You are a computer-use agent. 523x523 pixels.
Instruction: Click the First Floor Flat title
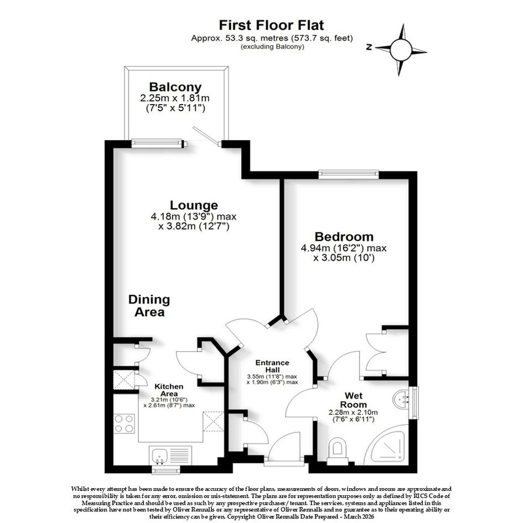(x=271, y=25)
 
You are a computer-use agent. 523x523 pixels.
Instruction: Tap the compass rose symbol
(x=401, y=50)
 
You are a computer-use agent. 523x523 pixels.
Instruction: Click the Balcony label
(x=175, y=87)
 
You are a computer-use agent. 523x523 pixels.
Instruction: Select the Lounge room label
(x=194, y=205)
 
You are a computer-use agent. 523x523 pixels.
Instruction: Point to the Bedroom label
(x=344, y=236)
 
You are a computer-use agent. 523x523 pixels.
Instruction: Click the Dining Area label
(x=149, y=305)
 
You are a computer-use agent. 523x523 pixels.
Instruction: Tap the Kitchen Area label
(x=169, y=390)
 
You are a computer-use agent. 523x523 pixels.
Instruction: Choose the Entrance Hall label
(x=272, y=366)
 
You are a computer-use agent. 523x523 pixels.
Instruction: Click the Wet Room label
(x=354, y=400)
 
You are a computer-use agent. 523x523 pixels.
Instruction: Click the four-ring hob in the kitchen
(x=124, y=423)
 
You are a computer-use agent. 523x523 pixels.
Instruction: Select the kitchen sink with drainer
(x=170, y=455)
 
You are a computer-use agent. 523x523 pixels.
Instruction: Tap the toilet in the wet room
(x=338, y=452)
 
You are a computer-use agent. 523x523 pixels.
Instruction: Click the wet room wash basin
(x=401, y=399)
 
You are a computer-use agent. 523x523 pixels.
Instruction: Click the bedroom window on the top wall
(x=349, y=174)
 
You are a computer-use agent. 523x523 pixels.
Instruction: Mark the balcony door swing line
(x=206, y=135)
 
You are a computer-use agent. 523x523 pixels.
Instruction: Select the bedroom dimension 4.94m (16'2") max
(x=344, y=248)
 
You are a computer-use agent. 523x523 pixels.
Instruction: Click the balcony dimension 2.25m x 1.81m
(x=175, y=99)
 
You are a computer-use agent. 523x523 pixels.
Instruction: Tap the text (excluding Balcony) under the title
(x=272, y=46)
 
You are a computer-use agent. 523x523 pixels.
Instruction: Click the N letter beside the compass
(x=369, y=47)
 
